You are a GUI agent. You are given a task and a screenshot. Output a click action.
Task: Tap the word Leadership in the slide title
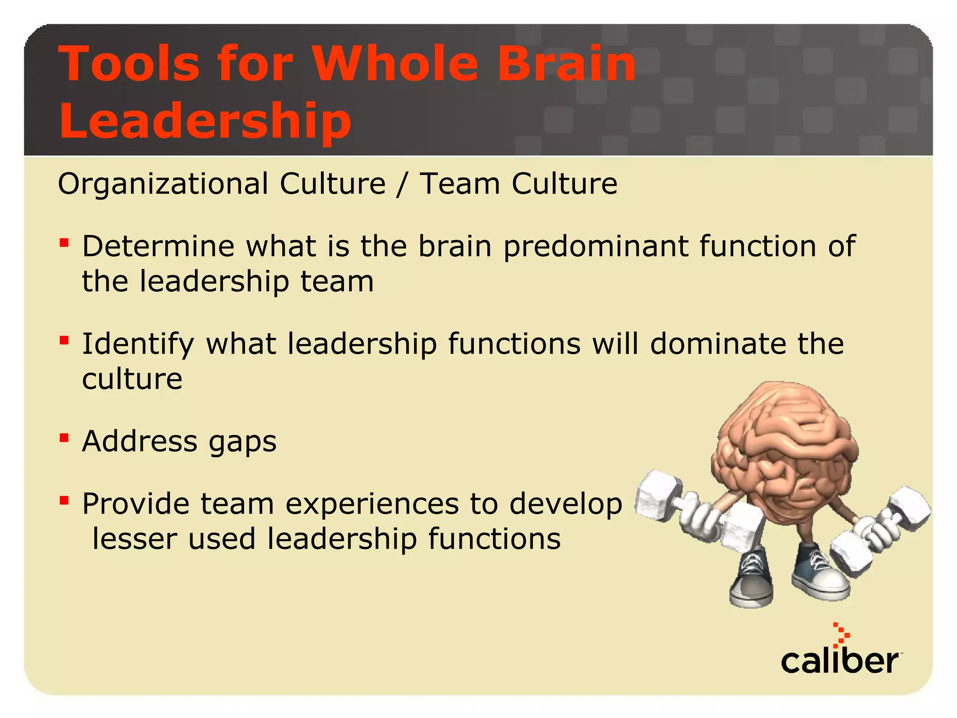[x=205, y=121]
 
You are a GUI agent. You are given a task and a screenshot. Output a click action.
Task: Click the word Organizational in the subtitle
[x=163, y=184]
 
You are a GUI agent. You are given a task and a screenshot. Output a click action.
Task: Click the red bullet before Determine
[x=64, y=243]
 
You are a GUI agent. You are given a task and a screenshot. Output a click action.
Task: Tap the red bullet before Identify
[x=64, y=340]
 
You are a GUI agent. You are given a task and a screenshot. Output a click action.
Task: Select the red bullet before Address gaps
[x=64, y=438]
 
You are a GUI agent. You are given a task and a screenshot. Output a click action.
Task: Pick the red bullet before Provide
[x=64, y=501]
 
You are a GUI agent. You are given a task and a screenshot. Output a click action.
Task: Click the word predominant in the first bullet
[x=596, y=246]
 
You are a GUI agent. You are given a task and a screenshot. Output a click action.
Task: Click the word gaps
[x=243, y=442]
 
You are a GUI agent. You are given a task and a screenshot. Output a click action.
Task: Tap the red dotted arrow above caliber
[x=841, y=635]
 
